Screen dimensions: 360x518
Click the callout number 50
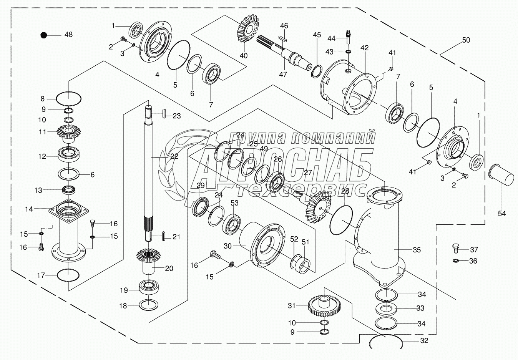point(466,40)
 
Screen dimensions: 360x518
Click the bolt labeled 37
point(454,248)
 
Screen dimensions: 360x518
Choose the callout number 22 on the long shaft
point(174,156)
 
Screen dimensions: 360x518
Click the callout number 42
point(364,48)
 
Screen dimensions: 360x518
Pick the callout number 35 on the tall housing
point(417,250)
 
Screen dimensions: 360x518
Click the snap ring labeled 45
point(317,71)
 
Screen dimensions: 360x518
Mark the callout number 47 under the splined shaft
point(283,74)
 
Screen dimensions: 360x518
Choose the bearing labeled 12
point(69,156)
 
